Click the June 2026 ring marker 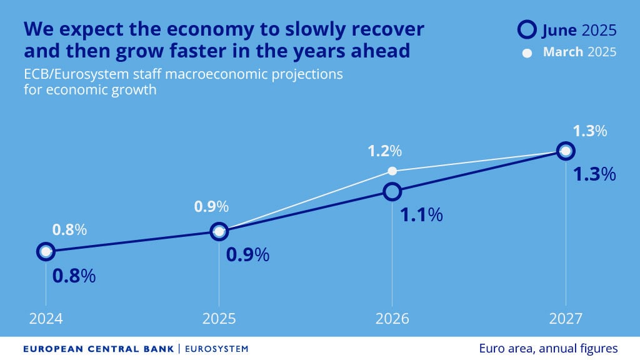[x=392, y=191]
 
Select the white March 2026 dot [x=392, y=171]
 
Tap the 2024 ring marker [x=45, y=252]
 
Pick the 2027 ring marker [x=566, y=151]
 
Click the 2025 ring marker [x=219, y=232]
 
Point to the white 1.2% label [x=384, y=151]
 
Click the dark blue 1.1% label [x=421, y=215]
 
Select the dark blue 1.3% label [x=594, y=174]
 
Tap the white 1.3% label [x=590, y=131]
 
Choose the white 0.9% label [x=211, y=206]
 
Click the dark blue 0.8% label [x=74, y=276]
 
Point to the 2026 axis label [x=392, y=319]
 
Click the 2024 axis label [x=46, y=319]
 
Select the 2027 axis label [x=566, y=319]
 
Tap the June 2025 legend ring [x=527, y=29]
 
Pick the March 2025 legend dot [x=527, y=53]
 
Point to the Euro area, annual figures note [x=549, y=348]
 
